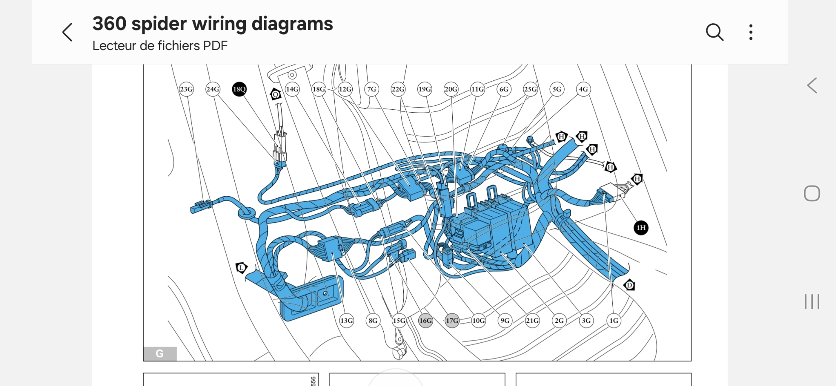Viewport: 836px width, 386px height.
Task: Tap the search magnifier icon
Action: click(x=714, y=32)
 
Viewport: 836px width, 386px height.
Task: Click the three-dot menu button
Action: click(x=751, y=32)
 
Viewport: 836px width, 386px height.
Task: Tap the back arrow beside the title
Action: click(x=67, y=32)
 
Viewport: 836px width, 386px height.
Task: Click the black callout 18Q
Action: click(x=239, y=89)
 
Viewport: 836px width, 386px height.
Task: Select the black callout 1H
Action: click(x=641, y=228)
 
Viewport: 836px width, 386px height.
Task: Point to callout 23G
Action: click(x=186, y=89)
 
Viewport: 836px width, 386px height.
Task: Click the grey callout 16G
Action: click(x=425, y=320)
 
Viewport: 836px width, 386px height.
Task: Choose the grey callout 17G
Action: click(x=452, y=320)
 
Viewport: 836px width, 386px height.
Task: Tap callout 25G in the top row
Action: click(x=530, y=89)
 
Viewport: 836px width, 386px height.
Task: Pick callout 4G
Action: click(x=583, y=89)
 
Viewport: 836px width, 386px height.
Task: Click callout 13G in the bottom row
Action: click(x=346, y=320)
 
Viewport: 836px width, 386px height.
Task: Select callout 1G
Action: click(x=614, y=320)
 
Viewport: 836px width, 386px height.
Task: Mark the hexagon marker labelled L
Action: click(x=241, y=268)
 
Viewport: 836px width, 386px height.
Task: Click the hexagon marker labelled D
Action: click(x=629, y=285)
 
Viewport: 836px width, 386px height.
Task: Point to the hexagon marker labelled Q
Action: click(x=276, y=95)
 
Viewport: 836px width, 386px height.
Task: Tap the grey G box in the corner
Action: click(x=160, y=354)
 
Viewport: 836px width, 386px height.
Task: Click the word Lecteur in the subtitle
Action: click(x=114, y=46)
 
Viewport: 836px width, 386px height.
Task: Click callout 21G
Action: click(x=532, y=320)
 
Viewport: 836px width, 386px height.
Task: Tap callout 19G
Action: click(x=425, y=89)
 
